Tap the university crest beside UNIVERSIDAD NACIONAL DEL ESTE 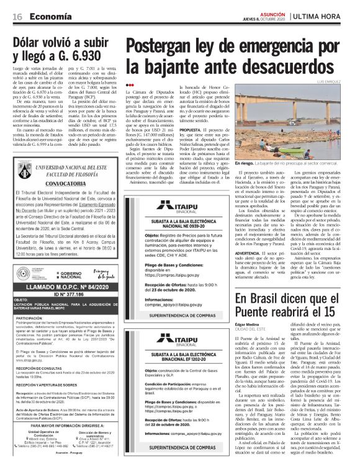click(x=23, y=154)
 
